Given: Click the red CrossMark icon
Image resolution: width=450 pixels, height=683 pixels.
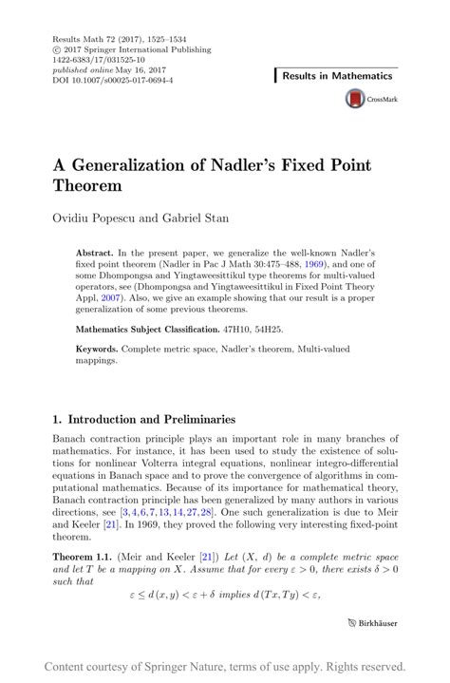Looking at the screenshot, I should [x=355, y=98].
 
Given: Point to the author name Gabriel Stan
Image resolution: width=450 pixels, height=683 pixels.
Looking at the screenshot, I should [x=194, y=218].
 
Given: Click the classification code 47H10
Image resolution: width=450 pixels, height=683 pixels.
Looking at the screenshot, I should [x=242, y=330].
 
